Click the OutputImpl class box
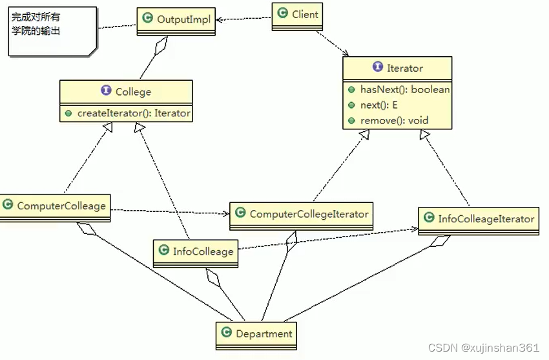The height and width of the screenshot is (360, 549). (176, 20)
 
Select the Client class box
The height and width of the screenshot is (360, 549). (297, 14)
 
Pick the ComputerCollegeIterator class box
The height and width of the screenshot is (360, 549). (301, 214)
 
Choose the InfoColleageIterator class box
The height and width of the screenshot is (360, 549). (478, 219)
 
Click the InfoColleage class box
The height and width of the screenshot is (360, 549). (195, 251)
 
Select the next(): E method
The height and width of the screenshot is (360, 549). (379, 105)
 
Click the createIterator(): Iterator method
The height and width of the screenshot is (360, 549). (134, 113)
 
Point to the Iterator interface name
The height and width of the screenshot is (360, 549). (405, 68)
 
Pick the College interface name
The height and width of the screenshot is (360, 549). (133, 92)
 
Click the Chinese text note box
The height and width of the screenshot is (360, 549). (52, 30)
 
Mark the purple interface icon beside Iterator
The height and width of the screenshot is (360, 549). (377, 68)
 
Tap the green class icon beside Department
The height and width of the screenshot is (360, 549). (226, 333)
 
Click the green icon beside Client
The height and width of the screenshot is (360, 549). (282, 13)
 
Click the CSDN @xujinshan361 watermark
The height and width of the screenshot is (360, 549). (491, 348)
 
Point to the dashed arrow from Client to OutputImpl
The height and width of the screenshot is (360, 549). (244, 19)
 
